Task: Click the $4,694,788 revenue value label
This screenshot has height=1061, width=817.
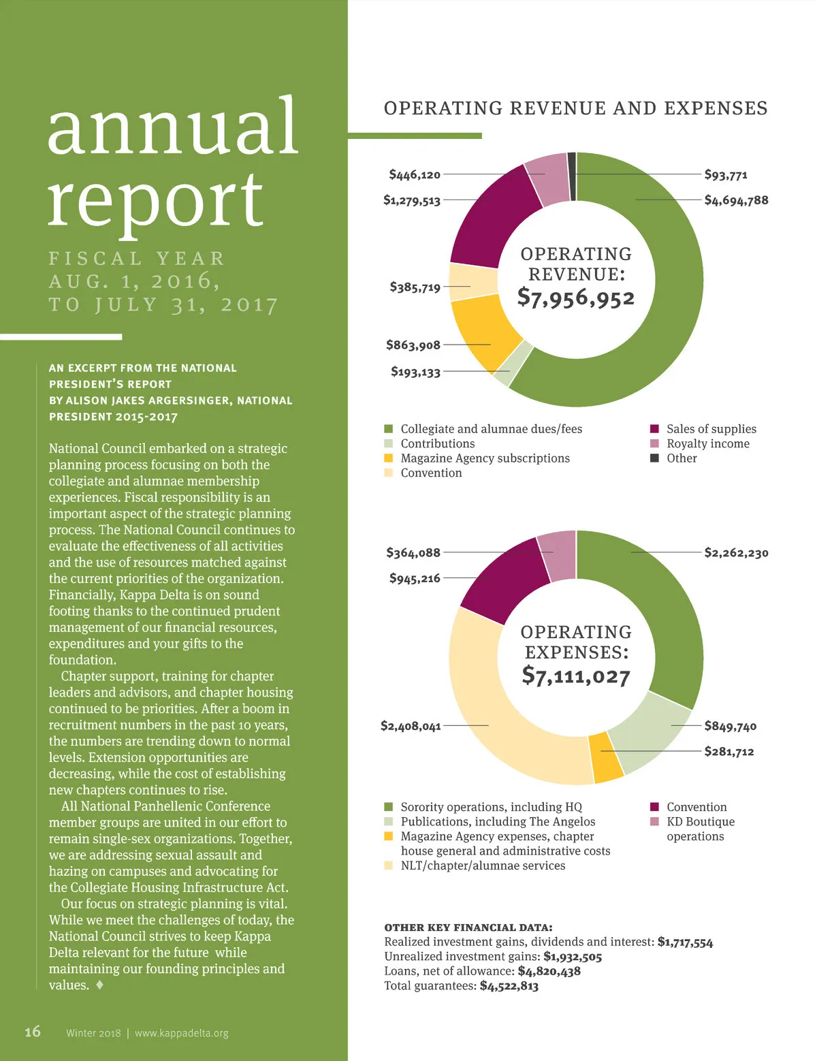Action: pyautogui.click(x=736, y=200)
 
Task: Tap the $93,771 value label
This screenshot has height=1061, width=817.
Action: pyautogui.click(x=726, y=175)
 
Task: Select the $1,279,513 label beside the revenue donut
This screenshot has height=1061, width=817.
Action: pyautogui.click(x=412, y=200)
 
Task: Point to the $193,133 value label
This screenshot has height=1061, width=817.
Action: pyautogui.click(x=415, y=372)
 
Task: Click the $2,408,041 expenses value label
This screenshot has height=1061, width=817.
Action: pyautogui.click(x=411, y=726)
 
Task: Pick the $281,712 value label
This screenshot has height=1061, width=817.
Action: pyautogui.click(x=729, y=752)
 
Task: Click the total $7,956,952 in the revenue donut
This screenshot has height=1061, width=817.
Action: pyautogui.click(x=576, y=298)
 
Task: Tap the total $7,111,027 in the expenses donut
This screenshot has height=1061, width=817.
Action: pyautogui.click(x=576, y=676)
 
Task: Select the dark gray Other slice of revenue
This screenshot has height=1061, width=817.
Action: pyautogui.click(x=572, y=177)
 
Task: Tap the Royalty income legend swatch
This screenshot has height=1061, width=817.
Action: pyautogui.click(x=655, y=443)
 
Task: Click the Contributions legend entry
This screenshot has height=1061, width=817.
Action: pyautogui.click(x=438, y=443)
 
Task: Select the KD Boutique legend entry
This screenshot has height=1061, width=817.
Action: pyautogui.click(x=700, y=822)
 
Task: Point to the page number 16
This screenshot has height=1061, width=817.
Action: pyautogui.click(x=33, y=1032)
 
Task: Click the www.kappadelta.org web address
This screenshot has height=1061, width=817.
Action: pyautogui.click(x=182, y=1033)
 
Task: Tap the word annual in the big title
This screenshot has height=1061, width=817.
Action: pyautogui.click(x=173, y=127)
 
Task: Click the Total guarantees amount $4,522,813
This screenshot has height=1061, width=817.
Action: pyautogui.click(x=509, y=986)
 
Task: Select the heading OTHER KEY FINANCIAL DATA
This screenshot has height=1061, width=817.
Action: pyautogui.click(x=468, y=928)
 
